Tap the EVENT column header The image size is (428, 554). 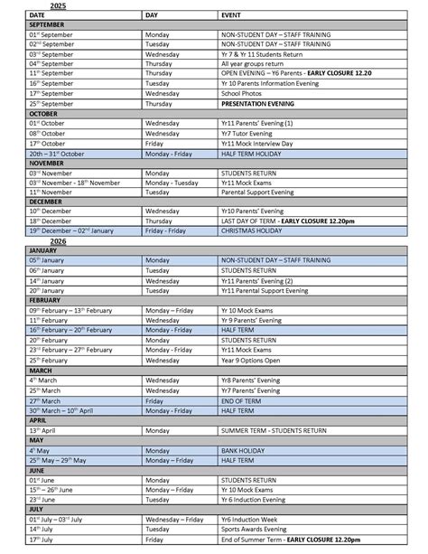[x=231, y=15]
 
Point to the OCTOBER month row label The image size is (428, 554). [x=43, y=113]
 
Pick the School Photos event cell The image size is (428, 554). [x=245, y=93]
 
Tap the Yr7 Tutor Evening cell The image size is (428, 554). [x=248, y=133]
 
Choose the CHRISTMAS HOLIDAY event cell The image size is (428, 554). [x=254, y=230]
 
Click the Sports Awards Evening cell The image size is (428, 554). [x=257, y=528]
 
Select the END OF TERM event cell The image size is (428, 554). [x=242, y=399]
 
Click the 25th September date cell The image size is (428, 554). [x=53, y=103]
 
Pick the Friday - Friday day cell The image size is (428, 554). [x=165, y=230]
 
